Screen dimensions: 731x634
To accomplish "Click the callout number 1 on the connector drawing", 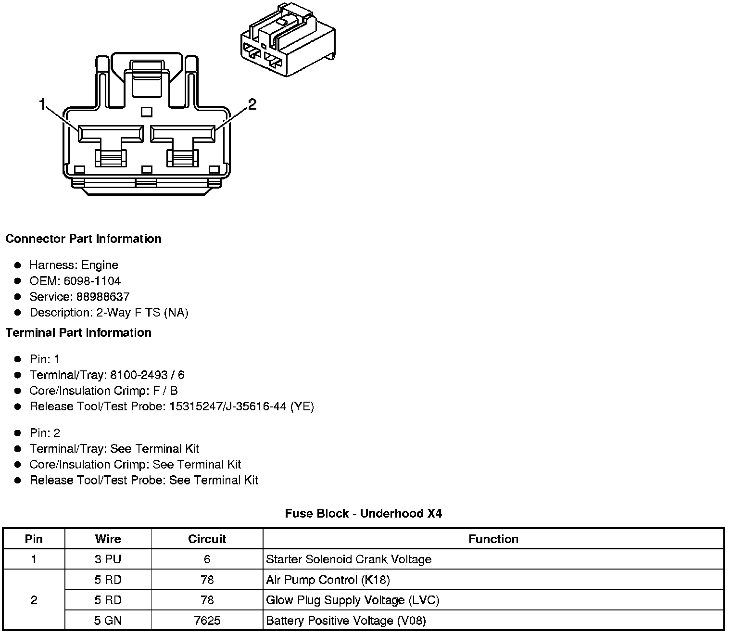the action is tap(42, 104).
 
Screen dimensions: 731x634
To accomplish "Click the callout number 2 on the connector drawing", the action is tap(252, 104).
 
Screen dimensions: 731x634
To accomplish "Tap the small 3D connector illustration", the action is tap(287, 40).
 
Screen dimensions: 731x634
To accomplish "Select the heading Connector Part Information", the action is tap(83, 239).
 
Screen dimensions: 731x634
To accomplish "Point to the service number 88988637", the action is tap(103, 297).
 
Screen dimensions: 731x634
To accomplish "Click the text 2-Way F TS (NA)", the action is tap(142, 313).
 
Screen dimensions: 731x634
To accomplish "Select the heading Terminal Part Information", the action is tap(78, 333).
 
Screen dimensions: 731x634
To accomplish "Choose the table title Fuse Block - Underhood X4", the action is tap(363, 514).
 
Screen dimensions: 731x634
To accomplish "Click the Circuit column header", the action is tap(207, 539).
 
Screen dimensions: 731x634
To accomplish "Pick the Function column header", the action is tap(493, 539).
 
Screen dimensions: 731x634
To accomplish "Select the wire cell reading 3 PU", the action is tap(108, 559).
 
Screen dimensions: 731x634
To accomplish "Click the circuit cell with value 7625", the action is tap(207, 621).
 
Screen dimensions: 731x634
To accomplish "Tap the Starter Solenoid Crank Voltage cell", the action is tap(349, 559).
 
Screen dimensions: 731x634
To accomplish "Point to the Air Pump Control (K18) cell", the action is tap(328, 580).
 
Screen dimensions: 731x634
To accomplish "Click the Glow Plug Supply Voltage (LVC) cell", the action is tap(353, 600).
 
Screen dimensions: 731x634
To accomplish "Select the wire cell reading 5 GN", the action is tap(108, 621).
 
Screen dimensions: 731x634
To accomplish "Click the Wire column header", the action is tap(108, 539).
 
